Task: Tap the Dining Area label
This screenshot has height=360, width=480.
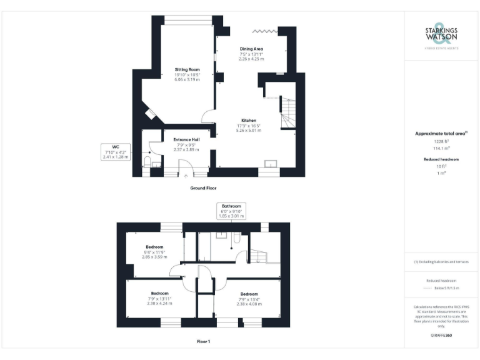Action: pos(251,48)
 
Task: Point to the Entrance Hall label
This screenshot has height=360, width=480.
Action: pos(186,139)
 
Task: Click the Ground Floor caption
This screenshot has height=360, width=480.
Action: pos(204,187)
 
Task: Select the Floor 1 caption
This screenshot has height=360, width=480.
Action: pos(204,341)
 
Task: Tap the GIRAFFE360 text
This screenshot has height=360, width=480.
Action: pos(441,336)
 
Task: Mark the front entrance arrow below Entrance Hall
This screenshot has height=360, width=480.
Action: pos(185,176)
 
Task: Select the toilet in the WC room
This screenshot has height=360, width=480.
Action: pos(147,162)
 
